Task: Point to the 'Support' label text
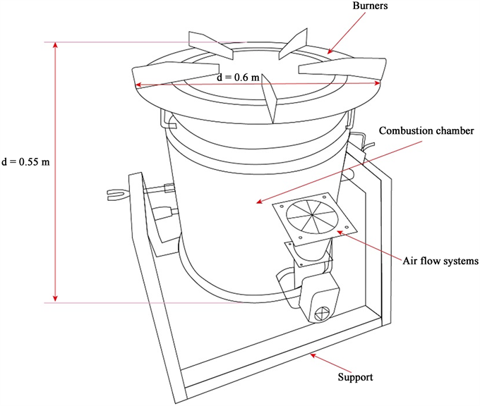click(356, 377)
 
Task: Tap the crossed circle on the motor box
click(322, 311)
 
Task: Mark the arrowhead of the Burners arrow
click(330, 52)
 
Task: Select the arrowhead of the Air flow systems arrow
click(337, 230)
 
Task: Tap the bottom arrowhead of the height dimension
click(56, 300)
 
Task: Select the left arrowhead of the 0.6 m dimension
click(137, 85)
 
